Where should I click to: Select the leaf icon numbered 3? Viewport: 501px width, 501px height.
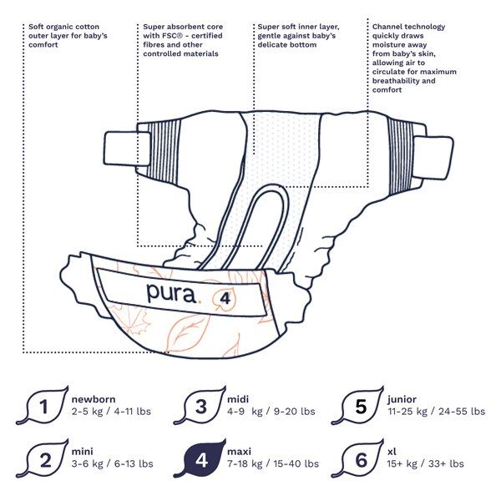click(201, 407)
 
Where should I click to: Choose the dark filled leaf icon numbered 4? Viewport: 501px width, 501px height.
click(201, 458)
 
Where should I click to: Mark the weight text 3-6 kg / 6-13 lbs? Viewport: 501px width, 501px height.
click(112, 463)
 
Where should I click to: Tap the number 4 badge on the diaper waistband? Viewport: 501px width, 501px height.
click(225, 297)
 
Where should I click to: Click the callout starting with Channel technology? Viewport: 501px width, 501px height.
click(413, 58)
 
